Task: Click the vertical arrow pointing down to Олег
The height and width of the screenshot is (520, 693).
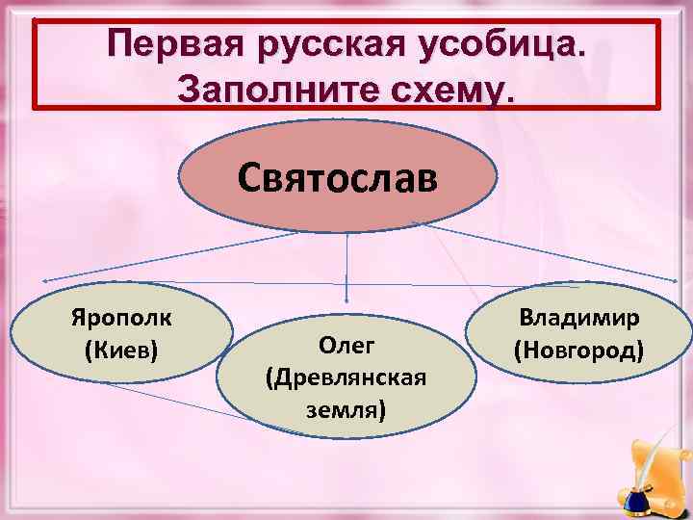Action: [346, 270]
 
